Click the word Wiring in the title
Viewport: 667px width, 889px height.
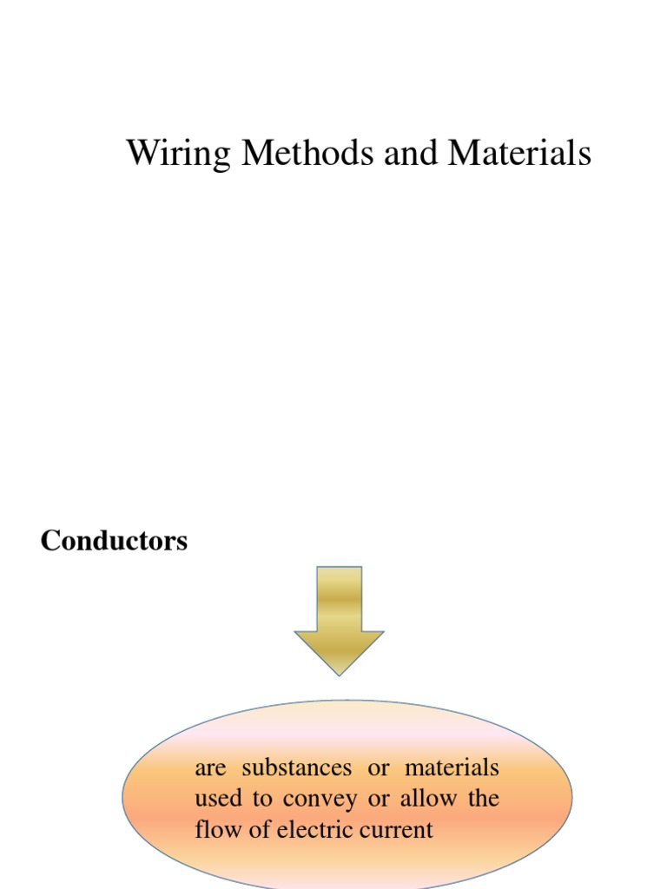click(179, 154)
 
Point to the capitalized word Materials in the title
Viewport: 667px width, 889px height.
click(519, 154)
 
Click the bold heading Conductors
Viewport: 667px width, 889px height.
click(114, 541)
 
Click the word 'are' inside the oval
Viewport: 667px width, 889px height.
click(210, 768)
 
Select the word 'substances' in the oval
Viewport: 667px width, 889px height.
click(296, 768)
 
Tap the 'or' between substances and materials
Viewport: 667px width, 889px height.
click(380, 768)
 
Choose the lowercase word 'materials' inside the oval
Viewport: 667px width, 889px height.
click(452, 768)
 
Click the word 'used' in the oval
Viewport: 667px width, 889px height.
click(218, 799)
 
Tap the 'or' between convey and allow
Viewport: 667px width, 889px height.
click(379, 799)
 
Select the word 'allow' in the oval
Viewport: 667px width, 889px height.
click(427, 799)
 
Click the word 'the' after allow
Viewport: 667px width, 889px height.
click(483, 799)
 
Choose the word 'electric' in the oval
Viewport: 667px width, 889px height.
click(315, 829)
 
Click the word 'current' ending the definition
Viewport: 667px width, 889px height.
click(396, 829)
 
